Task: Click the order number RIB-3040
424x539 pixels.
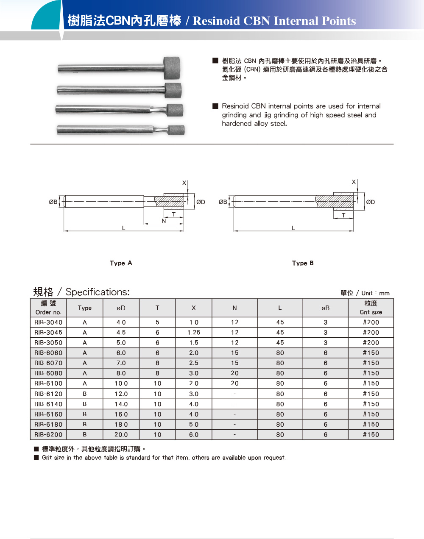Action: pos(48,322)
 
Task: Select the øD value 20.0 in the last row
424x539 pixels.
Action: pos(121,435)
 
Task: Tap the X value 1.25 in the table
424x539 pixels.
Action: pos(194,333)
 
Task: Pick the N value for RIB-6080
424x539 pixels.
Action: pos(234,373)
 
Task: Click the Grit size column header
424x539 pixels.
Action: pos(371,308)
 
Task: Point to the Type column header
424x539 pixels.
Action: pos(85,308)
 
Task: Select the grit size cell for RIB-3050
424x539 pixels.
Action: pos(371,343)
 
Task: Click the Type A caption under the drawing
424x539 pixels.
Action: pos(121,263)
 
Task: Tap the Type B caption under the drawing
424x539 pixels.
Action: pos(303,263)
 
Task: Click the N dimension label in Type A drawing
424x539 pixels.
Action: pos(164,221)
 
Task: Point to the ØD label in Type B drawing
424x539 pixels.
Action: pos(370,202)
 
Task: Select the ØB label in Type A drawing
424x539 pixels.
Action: pos(53,202)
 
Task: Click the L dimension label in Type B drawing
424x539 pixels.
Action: pos(293,228)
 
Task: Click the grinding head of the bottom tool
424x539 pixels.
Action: pos(176,130)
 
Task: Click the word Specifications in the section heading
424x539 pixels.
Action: pos(98,292)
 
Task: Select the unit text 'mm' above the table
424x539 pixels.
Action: pos(384,293)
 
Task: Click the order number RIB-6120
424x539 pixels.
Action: pos(48,394)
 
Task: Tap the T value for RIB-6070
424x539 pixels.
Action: pos(157,363)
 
